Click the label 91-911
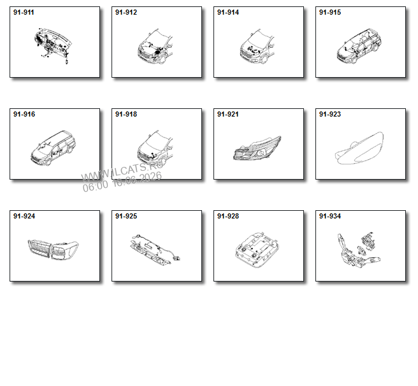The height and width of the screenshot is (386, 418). pos(24,12)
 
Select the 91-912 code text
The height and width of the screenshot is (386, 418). pos(126,12)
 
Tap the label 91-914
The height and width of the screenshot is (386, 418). pos(228,12)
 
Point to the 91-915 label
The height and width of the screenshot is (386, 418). pos(330,12)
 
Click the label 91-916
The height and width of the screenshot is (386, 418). pos(24,114)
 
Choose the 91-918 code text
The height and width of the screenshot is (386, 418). pos(126,114)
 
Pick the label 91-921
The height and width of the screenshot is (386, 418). pos(228,114)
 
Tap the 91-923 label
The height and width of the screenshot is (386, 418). pos(330,114)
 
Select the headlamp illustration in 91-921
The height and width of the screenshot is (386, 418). pos(257,148)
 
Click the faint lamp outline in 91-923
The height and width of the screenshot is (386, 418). pos(359,148)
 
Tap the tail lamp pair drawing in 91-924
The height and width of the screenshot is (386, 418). pos(53,250)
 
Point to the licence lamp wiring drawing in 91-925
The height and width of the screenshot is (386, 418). pos(155,250)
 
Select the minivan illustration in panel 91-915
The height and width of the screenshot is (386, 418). pos(359,46)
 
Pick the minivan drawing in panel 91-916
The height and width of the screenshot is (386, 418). pos(53,148)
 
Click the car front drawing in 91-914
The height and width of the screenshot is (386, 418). pos(257,46)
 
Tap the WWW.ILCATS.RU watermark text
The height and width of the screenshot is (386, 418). pos(122,171)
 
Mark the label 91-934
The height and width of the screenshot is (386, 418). pos(330,216)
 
